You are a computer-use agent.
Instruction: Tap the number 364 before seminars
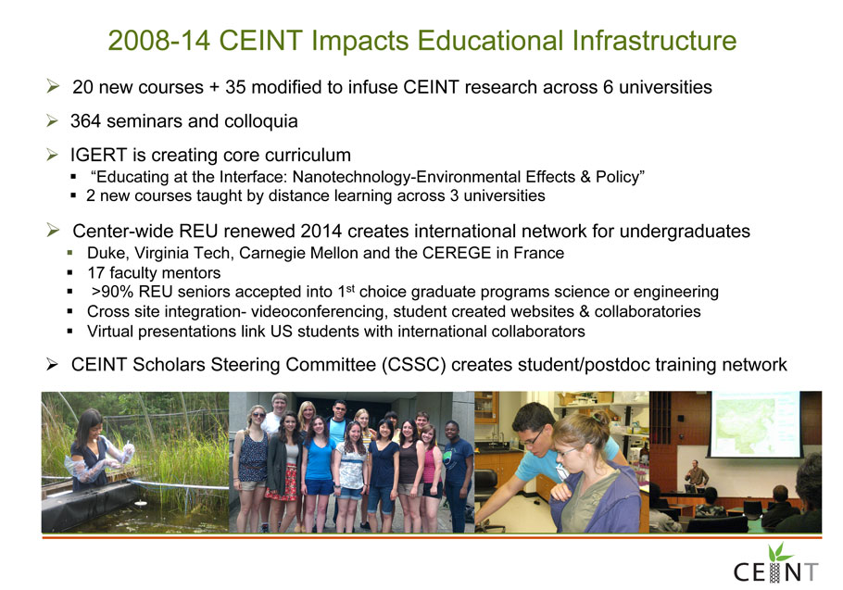coord(85,121)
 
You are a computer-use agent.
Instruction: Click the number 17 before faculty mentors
coord(95,273)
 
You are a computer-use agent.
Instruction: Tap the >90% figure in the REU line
coord(113,292)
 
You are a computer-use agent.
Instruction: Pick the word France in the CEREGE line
coord(539,253)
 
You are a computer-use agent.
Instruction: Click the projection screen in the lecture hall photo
coord(755,424)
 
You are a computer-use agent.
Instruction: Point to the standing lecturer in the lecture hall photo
coord(697,476)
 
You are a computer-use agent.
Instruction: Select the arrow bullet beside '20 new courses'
coord(53,86)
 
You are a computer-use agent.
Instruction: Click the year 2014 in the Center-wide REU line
coord(321,232)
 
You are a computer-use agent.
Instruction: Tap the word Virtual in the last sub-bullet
coord(110,332)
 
